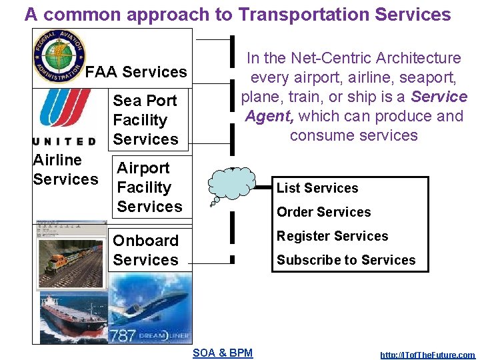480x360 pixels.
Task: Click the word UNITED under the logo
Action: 64,141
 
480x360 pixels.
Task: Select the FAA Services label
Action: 137,72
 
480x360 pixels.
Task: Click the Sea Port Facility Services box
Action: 145,120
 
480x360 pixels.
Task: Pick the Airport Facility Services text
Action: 149,187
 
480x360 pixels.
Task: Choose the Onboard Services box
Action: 146,250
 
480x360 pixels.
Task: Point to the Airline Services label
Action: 65,169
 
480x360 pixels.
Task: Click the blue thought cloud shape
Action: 231,182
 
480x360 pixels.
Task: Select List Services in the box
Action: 317,188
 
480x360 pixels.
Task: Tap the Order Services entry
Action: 323,212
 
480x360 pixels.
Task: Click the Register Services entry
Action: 332,236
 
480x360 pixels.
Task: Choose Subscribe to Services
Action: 346,260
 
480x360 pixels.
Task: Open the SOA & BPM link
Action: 223,353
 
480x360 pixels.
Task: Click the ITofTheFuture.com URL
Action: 427,355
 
